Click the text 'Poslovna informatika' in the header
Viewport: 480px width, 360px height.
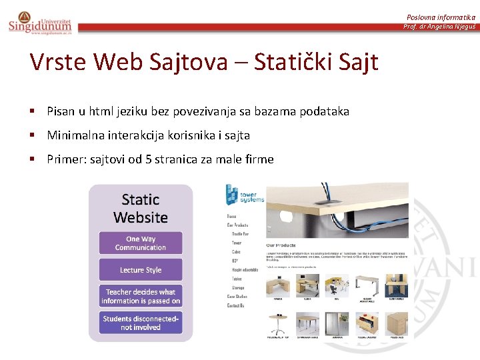(x=441, y=17)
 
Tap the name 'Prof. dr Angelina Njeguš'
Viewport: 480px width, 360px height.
(x=439, y=27)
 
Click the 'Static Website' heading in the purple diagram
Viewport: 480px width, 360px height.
(x=141, y=208)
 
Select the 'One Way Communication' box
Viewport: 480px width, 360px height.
(x=141, y=243)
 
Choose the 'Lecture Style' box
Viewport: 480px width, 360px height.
(x=141, y=270)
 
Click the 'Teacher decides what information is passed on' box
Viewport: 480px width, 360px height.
(x=141, y=297)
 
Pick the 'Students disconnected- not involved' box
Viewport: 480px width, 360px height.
(x=141, y=323)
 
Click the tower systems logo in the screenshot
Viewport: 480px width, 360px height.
(x=244, y=194)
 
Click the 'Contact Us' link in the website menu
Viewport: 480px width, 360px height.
(x=235, y=305)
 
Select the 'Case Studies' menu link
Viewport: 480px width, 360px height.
(x=237, y=297)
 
